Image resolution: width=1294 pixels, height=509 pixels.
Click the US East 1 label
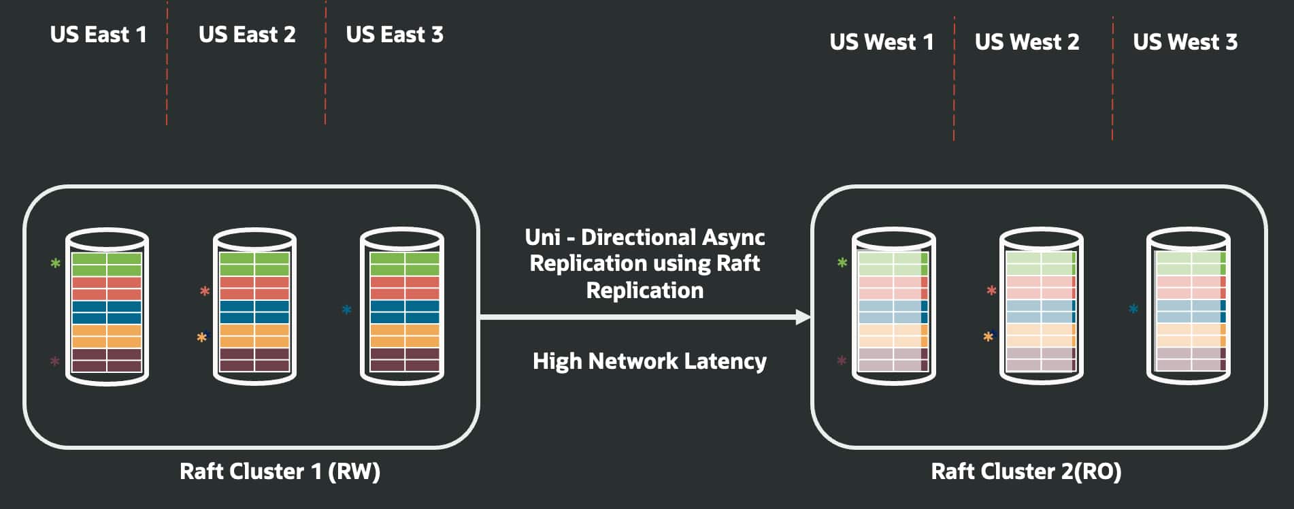[98, 35]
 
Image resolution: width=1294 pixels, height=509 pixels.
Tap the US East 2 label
[247, 35]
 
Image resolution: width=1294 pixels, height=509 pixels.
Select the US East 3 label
[395, 35]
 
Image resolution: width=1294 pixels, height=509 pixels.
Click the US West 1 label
[881, 42]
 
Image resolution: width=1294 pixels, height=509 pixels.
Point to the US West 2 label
[1027, 42]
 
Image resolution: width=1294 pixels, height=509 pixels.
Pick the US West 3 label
[1184, 42]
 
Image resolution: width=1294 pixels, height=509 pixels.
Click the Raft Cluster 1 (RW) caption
[280, 471]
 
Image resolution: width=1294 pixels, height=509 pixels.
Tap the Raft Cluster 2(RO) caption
[1025, 471]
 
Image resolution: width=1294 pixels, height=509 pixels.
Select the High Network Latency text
[649, 361]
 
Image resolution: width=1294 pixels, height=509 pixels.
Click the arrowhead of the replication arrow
[803, 316]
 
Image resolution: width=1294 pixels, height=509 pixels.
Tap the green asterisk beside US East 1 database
[56, 263]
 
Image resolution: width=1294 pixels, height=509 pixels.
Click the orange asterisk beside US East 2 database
[202, 337]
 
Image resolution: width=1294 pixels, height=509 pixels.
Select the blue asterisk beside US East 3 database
[346, 310]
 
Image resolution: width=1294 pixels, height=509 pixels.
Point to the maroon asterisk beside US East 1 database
[55, 361]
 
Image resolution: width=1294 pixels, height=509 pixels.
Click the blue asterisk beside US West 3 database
[1133, 309]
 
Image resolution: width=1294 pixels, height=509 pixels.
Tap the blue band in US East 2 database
[254, 312]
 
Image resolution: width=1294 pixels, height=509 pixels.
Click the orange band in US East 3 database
[404, 335]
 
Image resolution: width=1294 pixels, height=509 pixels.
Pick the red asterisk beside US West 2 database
[991, 291]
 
